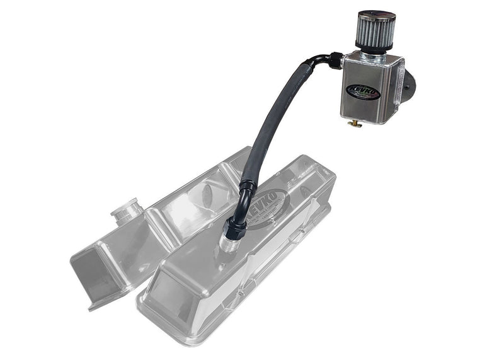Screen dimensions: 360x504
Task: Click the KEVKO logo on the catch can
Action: click(x=364, y=91)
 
